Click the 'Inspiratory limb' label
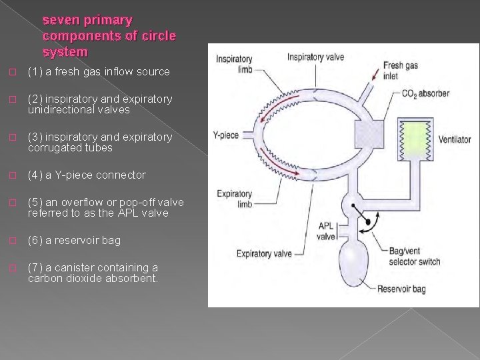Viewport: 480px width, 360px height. (x=234, y=65)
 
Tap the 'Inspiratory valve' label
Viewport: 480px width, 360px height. (x=315, y=57)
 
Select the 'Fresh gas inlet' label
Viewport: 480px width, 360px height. (x=400, y=70)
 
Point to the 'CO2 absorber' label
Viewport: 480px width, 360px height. (x=425, y=93)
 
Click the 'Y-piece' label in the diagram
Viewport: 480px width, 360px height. (x=225, y=135)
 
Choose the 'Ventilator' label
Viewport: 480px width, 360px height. (x=455, y=140)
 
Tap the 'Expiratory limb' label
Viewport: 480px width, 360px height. (x=234, y=199)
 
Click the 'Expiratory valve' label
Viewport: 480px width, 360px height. (x=265, y=253)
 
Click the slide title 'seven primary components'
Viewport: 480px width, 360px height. (x=109, y=36)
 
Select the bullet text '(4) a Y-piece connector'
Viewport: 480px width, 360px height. (x=86, y=175)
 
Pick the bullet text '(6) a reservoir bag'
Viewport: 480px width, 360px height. (x=74, y=240)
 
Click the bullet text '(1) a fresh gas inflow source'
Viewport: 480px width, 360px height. (x=99, y=71)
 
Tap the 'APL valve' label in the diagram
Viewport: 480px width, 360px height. (x=327, y=231)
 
